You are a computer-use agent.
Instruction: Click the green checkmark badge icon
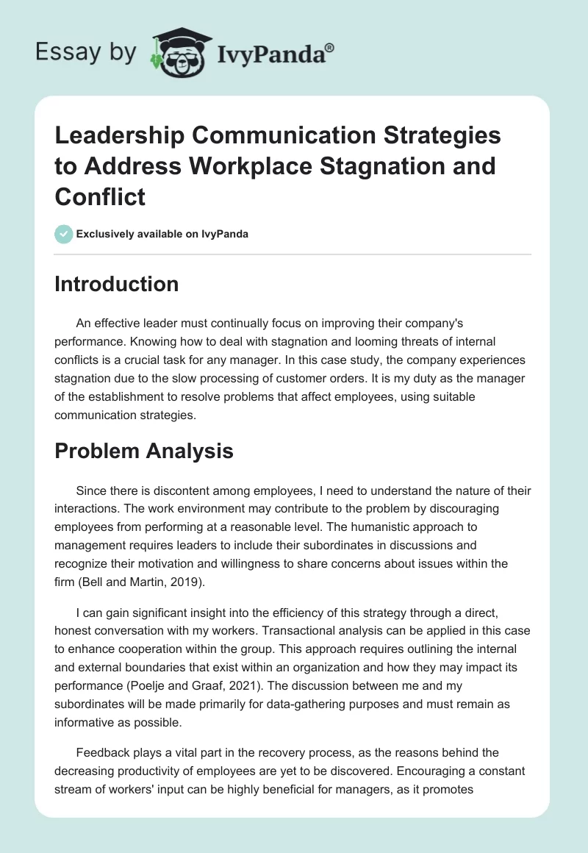63,234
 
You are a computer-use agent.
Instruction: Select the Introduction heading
116,285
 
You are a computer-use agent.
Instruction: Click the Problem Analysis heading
144,451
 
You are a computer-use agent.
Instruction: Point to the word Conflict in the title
100,196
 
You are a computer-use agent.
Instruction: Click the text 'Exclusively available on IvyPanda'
162,235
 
